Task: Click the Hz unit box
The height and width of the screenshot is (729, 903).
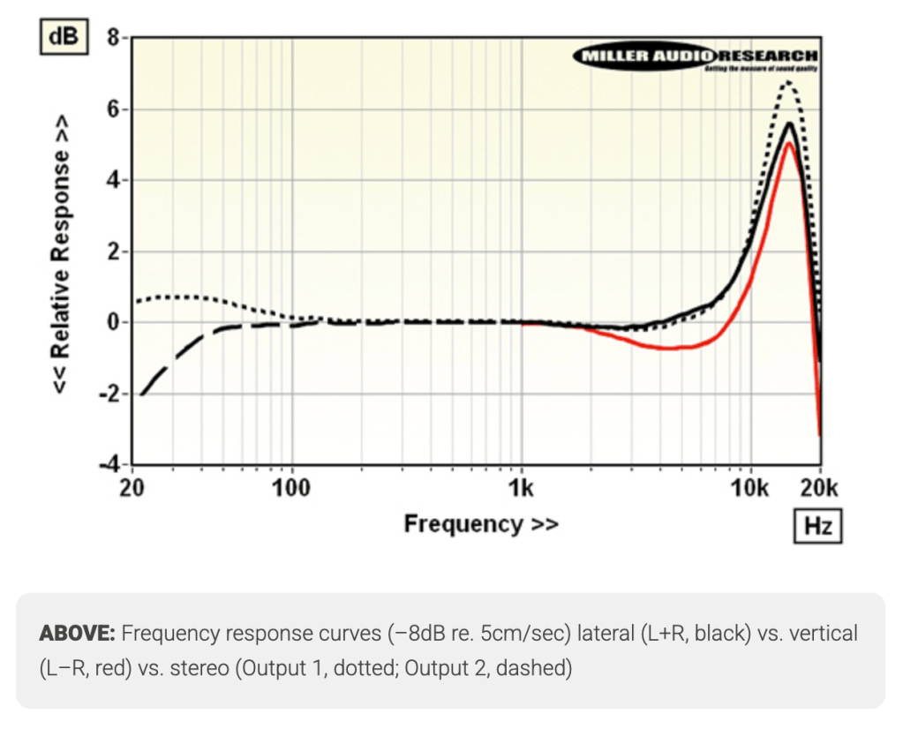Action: pos(817,527)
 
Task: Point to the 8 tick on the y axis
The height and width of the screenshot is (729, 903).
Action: pos(112,38)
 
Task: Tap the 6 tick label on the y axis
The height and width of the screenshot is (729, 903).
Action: pos(112,109)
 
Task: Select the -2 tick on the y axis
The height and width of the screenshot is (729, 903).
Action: pos(108,394)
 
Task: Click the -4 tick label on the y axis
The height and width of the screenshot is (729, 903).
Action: pos(108,465)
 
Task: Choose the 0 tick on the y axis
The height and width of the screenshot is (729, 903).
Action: pos(112,323)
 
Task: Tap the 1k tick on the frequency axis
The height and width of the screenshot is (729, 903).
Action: pos(522,487)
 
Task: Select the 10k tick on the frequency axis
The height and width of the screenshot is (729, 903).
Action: pos(750,487)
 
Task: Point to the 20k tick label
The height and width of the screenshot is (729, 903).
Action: pos(820,487)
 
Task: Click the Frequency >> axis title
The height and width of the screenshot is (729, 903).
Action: pos(481,524)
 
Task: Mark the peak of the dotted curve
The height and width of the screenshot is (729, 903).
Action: pos(787,82)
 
